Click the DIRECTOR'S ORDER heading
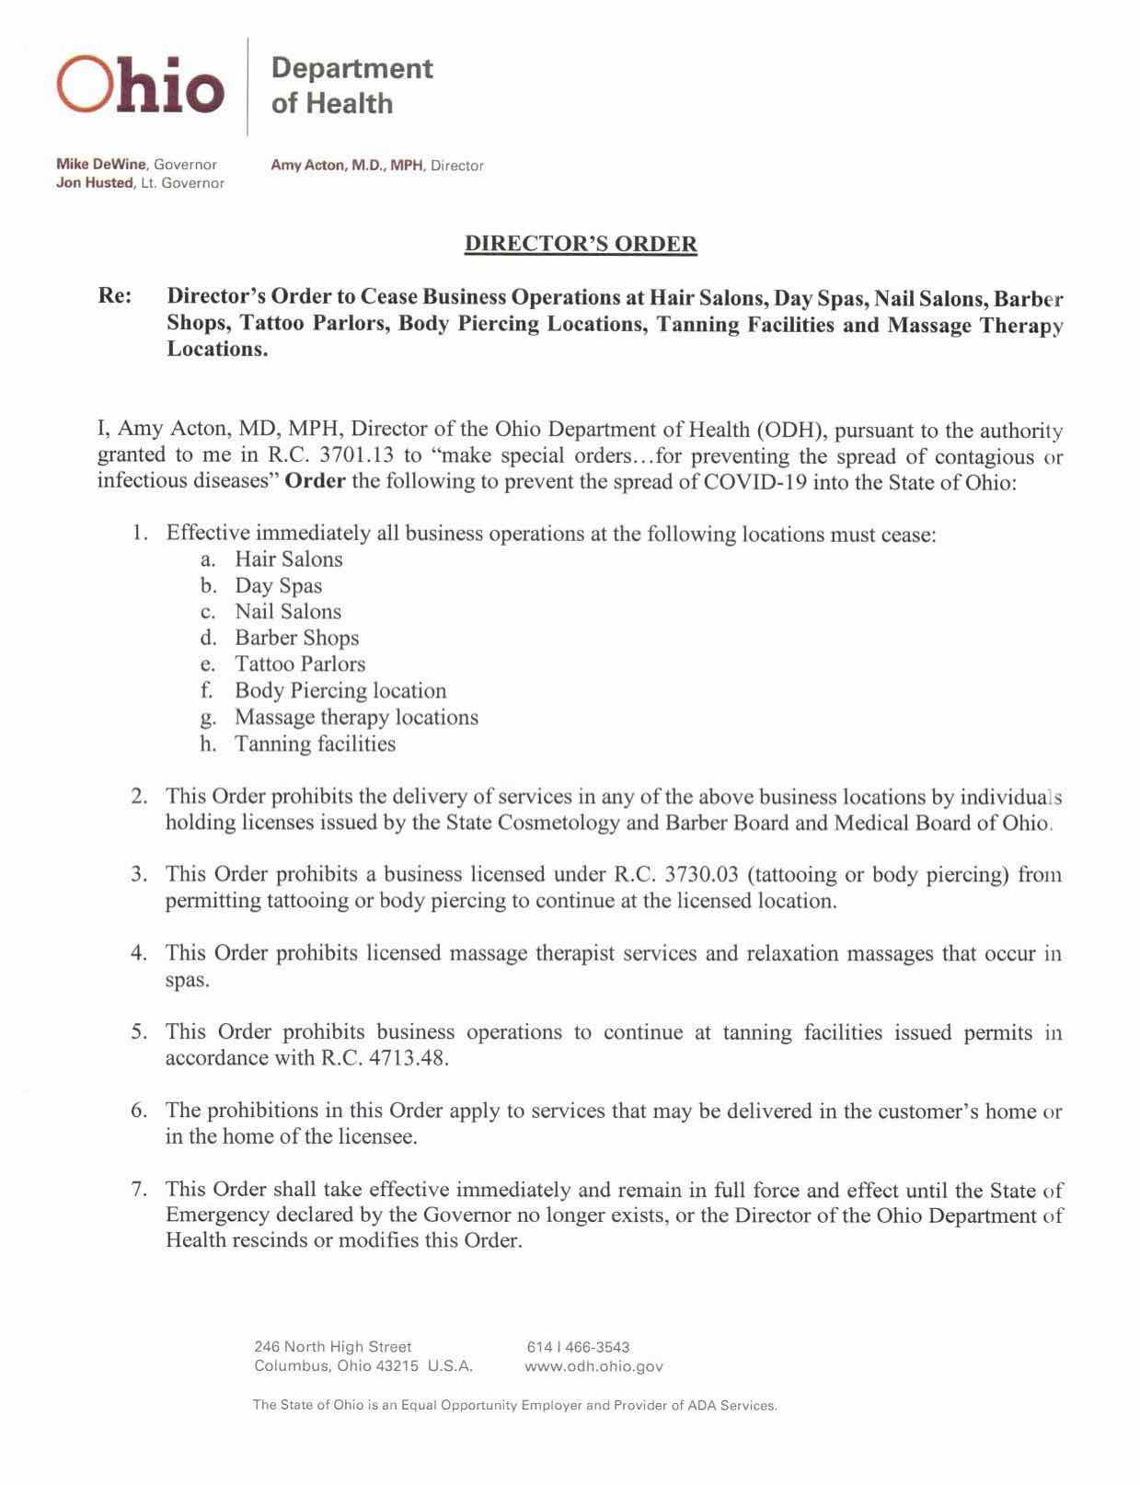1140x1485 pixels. point(581,244)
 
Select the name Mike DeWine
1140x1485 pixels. point(101,165)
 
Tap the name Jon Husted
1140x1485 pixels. point(95,183)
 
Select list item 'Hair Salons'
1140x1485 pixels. point(288,559)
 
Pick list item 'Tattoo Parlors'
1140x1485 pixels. point(300,664)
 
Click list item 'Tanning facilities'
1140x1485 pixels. point(315,743)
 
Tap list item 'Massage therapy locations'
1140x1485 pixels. point(356,717)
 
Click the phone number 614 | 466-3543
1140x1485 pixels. point(578,1347)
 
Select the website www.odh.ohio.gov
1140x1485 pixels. point(593,1366)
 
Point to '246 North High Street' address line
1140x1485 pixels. point(333,1347)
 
